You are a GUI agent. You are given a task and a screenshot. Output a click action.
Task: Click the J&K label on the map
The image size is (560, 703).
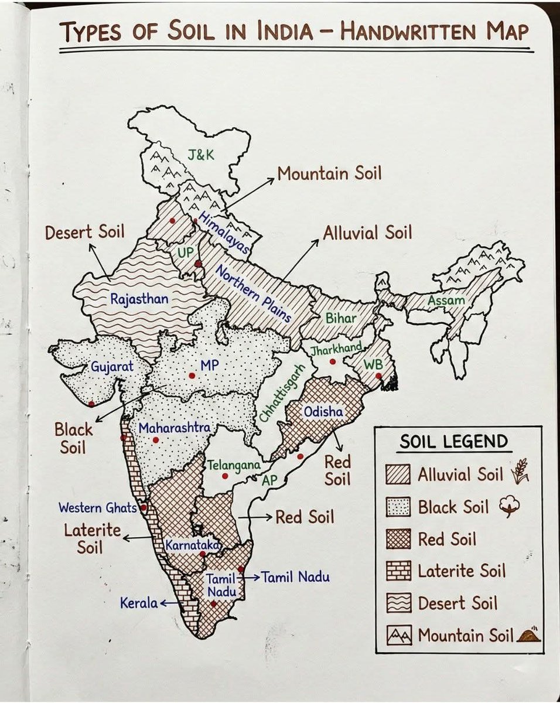[x=200, y=155]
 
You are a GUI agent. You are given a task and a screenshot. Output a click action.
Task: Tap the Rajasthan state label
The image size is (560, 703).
[x=139, y=299]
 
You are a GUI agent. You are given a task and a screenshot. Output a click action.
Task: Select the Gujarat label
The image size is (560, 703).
[x=112, y=367]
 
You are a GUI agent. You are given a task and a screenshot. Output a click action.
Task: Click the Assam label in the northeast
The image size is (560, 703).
[x=446, y=301]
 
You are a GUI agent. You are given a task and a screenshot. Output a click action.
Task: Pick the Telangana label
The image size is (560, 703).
[x=234, y=465]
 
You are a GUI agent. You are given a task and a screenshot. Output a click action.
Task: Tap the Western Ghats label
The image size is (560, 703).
[x=98, y=507]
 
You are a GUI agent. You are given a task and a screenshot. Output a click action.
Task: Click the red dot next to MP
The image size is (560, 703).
[x=192, y=375]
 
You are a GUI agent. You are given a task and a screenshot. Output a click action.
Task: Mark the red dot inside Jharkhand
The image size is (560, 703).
[x=333, y=361]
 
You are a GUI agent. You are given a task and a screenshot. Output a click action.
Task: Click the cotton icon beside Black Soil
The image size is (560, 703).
[x=509, y=507]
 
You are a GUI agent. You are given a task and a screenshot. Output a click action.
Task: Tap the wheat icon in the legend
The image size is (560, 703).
[x=520, y=473]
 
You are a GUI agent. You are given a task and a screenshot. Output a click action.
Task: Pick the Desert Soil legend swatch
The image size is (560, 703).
[x=398, y=603]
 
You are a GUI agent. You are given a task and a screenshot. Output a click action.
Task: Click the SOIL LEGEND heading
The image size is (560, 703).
[x=453, y=441]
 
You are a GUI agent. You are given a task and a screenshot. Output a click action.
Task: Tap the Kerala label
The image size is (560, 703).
[x=139, y=602]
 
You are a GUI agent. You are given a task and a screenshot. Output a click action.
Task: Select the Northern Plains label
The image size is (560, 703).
[x=253, y=294]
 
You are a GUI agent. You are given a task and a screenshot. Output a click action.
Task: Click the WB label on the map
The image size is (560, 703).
[x=372, y=364]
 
